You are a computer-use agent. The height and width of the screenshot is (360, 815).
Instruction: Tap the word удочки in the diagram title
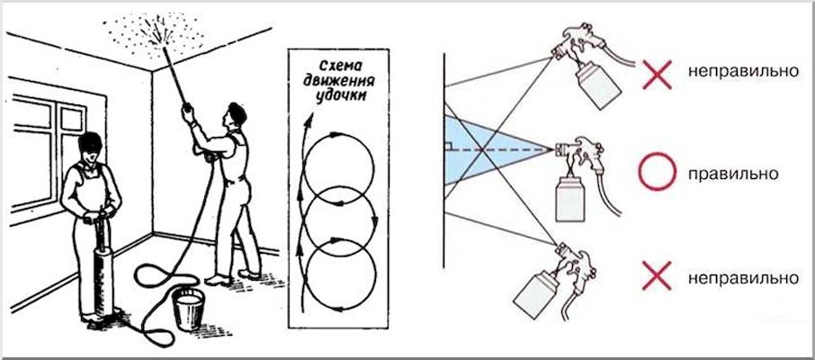tap(339, 97)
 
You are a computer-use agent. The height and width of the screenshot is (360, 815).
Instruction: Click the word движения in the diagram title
tap(340, 82)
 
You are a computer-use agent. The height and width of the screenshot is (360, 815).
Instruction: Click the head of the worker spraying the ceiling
tap(237, 114)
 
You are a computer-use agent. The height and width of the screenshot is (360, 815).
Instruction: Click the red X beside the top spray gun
tap(657, 74)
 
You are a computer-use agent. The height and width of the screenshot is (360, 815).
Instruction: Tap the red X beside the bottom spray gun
tap(657, 275)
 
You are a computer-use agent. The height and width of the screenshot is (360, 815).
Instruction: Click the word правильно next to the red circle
tap(733, 174)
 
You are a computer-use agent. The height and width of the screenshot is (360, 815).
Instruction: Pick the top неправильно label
tap(743, 72)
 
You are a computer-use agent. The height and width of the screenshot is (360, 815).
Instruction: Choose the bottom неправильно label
tap(743, 278)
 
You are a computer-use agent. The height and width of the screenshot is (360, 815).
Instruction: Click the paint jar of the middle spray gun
tap(569, 198)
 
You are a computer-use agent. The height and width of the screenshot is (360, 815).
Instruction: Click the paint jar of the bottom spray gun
tap(536, 293)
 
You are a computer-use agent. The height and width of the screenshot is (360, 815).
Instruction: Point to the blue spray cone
tap(483, 149)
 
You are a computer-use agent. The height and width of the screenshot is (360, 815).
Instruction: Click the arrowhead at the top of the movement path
tap(309, 121)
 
